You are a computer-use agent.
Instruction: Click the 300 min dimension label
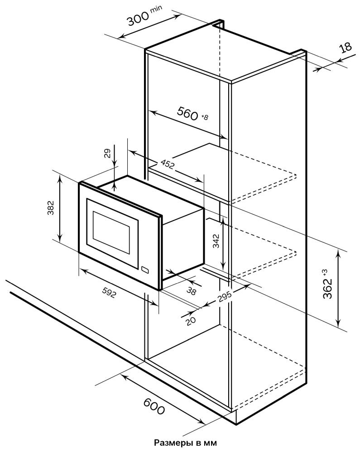[144, 16]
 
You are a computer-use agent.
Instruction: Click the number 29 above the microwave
[107, 154]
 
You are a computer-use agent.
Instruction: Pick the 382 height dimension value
[51, 208]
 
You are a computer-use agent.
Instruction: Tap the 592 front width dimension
[110, 293]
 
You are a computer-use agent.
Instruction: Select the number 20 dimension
[191, 321]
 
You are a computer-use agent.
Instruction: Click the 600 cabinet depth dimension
[154, 405]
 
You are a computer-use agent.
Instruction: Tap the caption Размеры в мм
[185, 443]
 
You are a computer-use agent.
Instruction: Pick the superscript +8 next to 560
[204, 117]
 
